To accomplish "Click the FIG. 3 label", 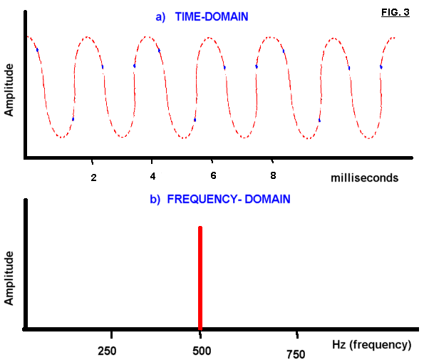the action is click(x=395, y=12).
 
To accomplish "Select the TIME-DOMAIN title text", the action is click(x=212, y=17).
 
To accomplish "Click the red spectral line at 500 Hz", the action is click(x=200, y=278).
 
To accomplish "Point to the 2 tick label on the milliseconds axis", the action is click(x=93, y=178).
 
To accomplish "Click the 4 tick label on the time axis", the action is click(x=152, y=176).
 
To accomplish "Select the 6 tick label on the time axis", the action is click(x=213, y=175).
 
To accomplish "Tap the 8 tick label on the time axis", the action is click(x=273, y=175).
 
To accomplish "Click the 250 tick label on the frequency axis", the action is click(x=107, y=351).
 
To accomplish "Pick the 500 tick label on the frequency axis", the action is click(x=202, y=351).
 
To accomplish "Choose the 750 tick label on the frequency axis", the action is click(x=296, y=354).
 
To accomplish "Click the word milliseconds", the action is click(x=365, y=178).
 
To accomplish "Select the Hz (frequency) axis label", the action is click(x=372, y=345).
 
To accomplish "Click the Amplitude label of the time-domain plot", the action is click(x=9, y=90).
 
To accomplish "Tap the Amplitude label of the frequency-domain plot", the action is click(x=9, y=278).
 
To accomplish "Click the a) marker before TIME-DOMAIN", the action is click(x=160, y=17).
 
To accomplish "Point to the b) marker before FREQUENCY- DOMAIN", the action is click(x=155, y=200).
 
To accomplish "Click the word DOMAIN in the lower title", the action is click(x=267, y=199).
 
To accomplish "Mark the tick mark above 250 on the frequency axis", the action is click(x=111, y=335).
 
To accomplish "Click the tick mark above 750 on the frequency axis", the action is click(x=297, y=335).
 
